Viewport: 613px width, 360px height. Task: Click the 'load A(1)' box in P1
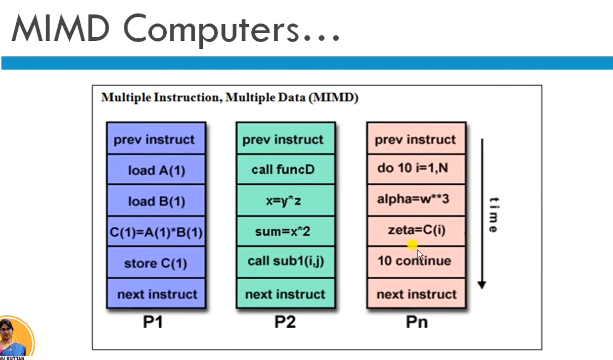pos(156,170)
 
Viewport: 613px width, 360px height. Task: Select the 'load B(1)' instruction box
pos(156,200)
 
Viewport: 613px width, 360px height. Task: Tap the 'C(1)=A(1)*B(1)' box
pos(156,231)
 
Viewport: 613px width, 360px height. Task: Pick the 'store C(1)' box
pos(156,262)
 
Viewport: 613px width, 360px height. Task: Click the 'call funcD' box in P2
pos(286,169)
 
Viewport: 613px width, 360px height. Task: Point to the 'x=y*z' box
pos(286,200)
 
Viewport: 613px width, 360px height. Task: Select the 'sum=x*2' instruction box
pos(286,231)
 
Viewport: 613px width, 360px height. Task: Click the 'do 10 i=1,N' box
pos(416,168)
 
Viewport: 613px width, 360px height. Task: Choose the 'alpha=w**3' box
pos(416,200)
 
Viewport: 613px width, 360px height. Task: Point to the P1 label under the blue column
pos(153,322)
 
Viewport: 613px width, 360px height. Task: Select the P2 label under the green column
pos(285,322)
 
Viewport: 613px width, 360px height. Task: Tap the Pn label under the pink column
pos(417,322)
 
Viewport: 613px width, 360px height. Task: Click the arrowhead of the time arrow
pos(481,285)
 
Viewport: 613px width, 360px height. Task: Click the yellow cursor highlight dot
pos(412,245)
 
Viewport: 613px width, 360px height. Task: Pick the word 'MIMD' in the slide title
pos(61,28)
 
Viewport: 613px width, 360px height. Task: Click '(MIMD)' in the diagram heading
pos(334,98)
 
